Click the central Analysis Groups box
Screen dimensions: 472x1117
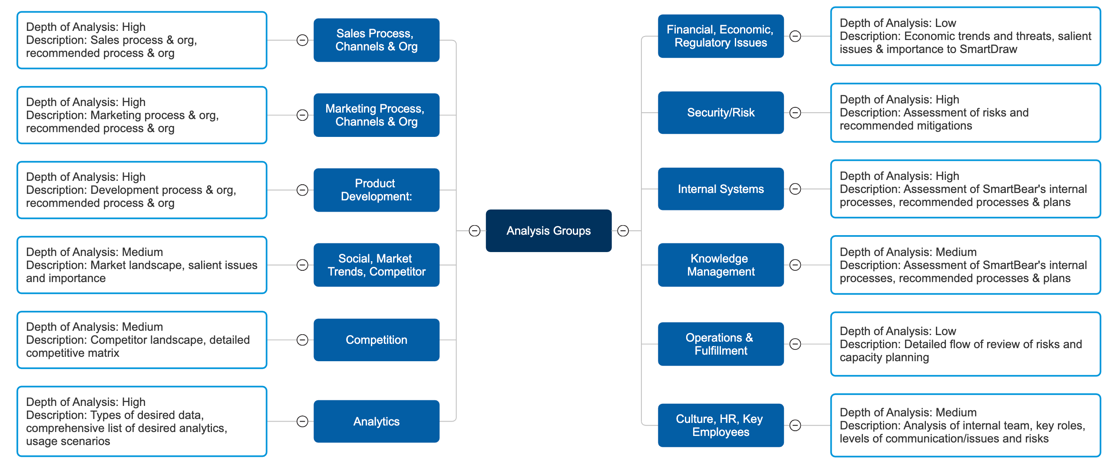coord(548,231)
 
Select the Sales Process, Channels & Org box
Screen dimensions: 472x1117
coord(376,40)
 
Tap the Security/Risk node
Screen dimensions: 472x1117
coord(720,113)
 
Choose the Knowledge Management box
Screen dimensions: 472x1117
coord(720,265)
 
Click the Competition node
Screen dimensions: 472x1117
coord(376,340)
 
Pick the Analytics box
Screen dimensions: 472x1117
coord(376,421)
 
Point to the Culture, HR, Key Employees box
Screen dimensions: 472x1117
coord(720,425)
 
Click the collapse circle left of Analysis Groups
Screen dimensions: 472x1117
coord(475,231)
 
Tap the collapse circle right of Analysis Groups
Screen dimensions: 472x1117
coord(623,231)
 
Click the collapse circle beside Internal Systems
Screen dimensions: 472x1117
coord(795,189)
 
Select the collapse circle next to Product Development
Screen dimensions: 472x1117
coord(302,190)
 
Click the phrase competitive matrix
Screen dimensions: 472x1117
coord(73,353)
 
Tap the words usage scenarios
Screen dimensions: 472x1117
coord(68,441)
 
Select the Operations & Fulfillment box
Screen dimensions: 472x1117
coord(720,344)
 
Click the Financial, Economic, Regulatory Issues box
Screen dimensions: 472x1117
coord(720,36)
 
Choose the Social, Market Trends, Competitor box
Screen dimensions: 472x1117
coord(376,265)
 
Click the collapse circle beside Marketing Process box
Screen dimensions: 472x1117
coord(302,115)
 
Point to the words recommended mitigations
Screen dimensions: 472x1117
coord(905,126)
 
